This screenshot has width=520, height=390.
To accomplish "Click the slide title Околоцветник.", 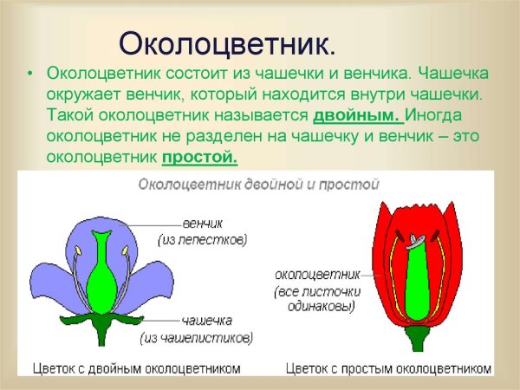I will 227,42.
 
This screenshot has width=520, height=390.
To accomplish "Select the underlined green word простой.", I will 198,157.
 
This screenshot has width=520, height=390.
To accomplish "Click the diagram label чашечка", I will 205,320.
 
